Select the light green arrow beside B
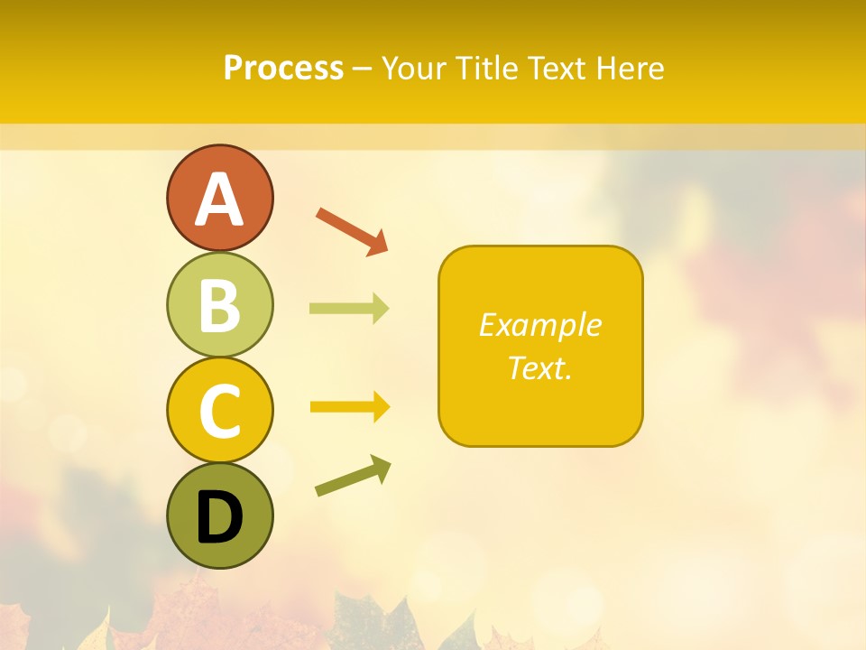[x=348, y=309]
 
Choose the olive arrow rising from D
[x=353, y=477]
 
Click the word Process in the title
[x=283, y=68]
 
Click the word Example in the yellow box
[x=539, y=325]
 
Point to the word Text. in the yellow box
[x=539, y=367]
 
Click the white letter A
[x=219, y=200]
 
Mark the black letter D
[x=219, y=517]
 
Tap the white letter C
[x=219, y=412]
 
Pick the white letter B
[x=219, y=306]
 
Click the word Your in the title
[x=416, y=68]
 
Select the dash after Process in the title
[x=363, y=69]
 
